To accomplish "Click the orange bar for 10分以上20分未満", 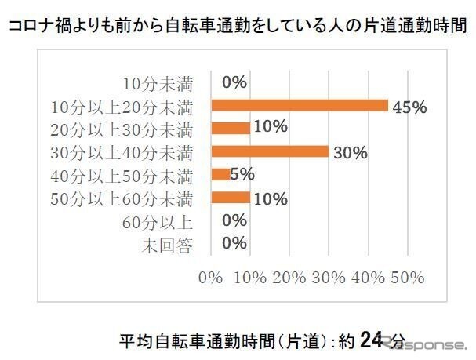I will click(x=300, y=105).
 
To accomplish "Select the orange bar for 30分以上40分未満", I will click(x=270, y=151).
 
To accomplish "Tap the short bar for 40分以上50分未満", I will click(x=220, y=174).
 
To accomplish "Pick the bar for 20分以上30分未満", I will click(x=231, y=128).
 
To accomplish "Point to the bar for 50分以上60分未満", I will click(x=231, y=198).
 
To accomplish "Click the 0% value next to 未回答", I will click(x=234, y=243).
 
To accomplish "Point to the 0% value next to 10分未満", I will click(x=234, y=82).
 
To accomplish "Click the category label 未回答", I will click(x=167, y=244).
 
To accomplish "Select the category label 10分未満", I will click(x=158, y=82).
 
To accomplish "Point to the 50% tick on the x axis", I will click(x=407, y=277).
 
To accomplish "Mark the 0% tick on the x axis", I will click(x=211, y=277).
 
